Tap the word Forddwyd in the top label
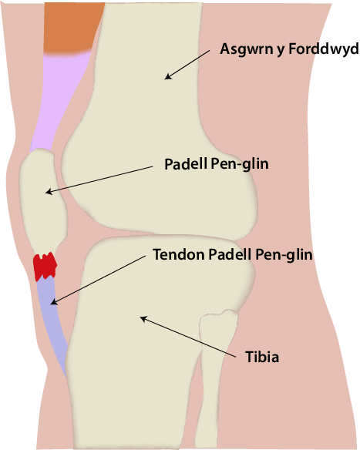tap(324, 49)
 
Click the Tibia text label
tap(262, 357)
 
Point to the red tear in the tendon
tap(45, 266)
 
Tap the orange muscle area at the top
tap(72, 27)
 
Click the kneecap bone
tap(44, 201)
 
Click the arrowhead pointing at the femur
tap(168, 76)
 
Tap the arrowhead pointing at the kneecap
tap(49, 192)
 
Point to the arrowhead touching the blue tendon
tap(54, 302)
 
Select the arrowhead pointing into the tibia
tap(143, 318)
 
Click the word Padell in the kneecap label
tap(186, 164)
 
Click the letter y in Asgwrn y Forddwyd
tap(281, 51)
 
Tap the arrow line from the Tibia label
tap(188, 337)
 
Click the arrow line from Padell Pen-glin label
tap(99, 179)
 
